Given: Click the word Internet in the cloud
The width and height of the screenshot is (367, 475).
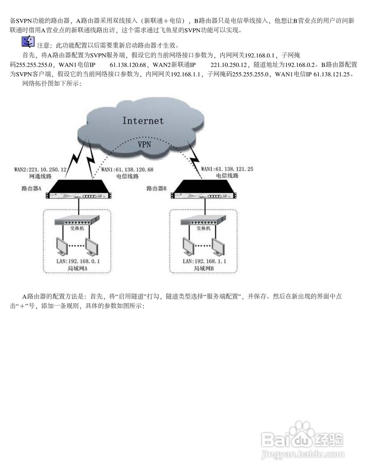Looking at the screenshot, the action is click(143, 121).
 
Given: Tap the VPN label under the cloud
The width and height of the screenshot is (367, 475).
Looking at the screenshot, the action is click(144, 144).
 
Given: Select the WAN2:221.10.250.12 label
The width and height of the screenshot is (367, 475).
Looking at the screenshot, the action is click(40, 169).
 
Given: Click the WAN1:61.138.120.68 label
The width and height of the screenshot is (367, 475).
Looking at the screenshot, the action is click(127, 169).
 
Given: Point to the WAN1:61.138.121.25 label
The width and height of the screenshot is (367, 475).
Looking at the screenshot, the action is click(227, 169).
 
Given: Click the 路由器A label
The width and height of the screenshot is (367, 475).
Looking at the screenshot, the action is click(31, 188).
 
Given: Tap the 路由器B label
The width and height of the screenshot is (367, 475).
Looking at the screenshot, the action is click(156, 188).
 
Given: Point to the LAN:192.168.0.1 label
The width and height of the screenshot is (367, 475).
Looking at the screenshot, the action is click(78, 261).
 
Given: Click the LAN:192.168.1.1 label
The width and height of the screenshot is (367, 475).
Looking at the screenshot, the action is click(204, 261).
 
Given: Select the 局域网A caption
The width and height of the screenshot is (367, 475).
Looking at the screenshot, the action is click(78, 268).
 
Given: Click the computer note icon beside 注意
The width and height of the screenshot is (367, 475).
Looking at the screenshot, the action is click(28, 42).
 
